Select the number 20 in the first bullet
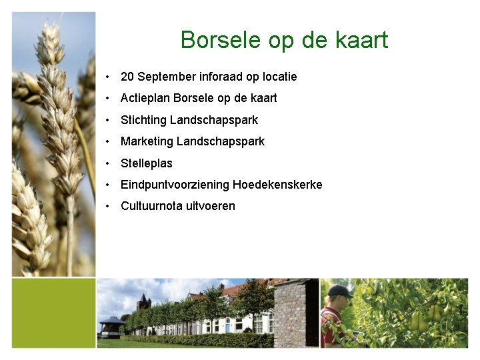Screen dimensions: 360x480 [127, 77]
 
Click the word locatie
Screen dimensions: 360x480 [278, 77]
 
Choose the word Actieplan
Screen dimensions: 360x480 [145, 98]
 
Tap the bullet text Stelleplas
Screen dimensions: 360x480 [146, 163]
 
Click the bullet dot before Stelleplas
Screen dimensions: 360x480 [107, 163]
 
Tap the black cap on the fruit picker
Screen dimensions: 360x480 [340, 291]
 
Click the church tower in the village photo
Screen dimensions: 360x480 [143, 304]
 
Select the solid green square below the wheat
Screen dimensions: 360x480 [54, 313]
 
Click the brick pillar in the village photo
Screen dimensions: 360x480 [295, 313]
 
